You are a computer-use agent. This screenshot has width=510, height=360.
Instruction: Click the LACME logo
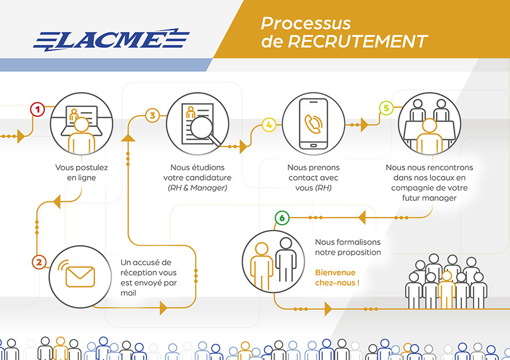click(111, 39)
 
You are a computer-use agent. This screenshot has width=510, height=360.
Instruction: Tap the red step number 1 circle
click(37, 109)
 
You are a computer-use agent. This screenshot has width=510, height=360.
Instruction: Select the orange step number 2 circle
click(39, 262)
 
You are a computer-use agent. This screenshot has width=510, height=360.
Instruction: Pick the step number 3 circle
click(152, 115)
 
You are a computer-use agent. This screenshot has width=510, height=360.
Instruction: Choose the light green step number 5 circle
click(386, 108)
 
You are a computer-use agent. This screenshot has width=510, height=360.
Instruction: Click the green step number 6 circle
click(281, 218)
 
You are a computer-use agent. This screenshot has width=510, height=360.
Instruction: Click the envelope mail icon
click(79, 276)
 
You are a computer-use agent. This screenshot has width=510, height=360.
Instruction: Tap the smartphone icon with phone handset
click(313, 123)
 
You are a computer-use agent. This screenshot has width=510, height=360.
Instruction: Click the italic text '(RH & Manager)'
click(197, 188)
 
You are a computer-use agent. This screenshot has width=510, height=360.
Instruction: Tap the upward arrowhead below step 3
click(128, 137)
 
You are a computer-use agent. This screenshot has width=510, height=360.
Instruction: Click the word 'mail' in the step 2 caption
click(129, 293)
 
